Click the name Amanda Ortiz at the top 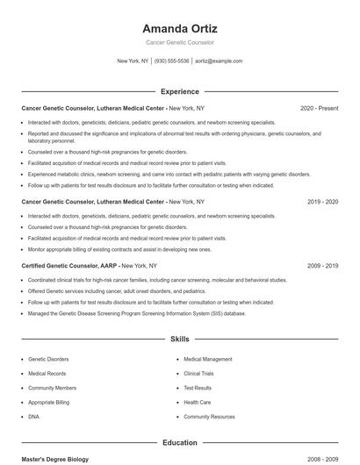[179, 28]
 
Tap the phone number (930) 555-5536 [172, 61]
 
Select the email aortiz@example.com [219, 61]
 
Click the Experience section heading [179, 91]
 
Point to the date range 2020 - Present [319, 108]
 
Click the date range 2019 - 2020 [322, 202]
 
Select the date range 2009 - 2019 [322, 265]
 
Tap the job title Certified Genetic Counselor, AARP [69, 265]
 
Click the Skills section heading [179, 338]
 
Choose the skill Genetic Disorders [48, 359]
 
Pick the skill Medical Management [208, 359]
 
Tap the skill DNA [33, 416]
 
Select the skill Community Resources [209, 416]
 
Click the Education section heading [179, 443]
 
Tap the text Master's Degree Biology [55, 459]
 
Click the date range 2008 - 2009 [322, 459]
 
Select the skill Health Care [198, 402]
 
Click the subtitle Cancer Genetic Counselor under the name [179, 42]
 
